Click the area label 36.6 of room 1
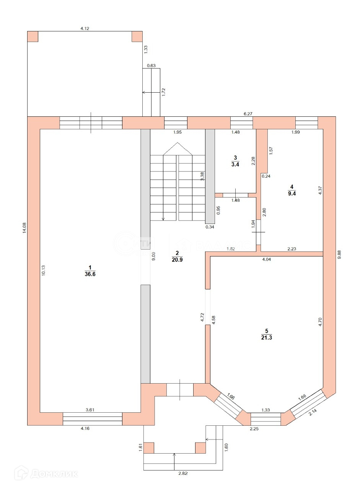pyautogui.click(x=90, y=274)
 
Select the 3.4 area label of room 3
pyautogui.click(x=235, y=165)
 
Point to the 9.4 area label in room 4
pyautogui.click(x=292, y=193)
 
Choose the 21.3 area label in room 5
pyautogui.click(x=267, y=338)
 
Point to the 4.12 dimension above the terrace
pyautogui.click(x=85, y=28)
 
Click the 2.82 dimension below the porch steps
pyautogui.click(x=183, y=473)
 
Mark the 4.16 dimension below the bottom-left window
pyautogui.click(x=85, y=428)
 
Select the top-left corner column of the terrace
pyautogui.click(x=33, y=36)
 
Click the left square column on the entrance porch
pyautogui.click(x=149, y=448)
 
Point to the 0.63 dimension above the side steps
pyautogui.click(x=151, y=65)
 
